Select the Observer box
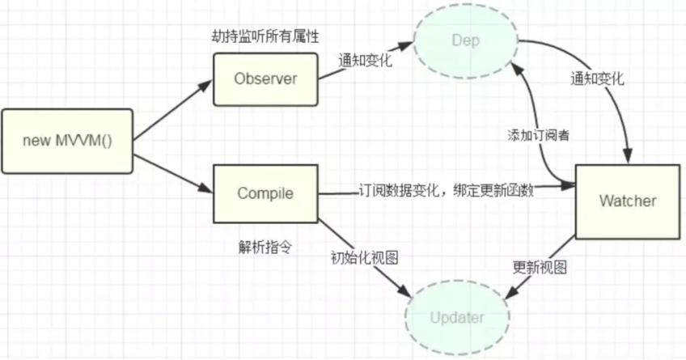point(266,79)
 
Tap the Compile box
point(265,194)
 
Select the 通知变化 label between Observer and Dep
point(366,60)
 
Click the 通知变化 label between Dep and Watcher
point(597,81)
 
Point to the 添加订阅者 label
point(534,135)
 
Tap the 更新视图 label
point(540,266)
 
